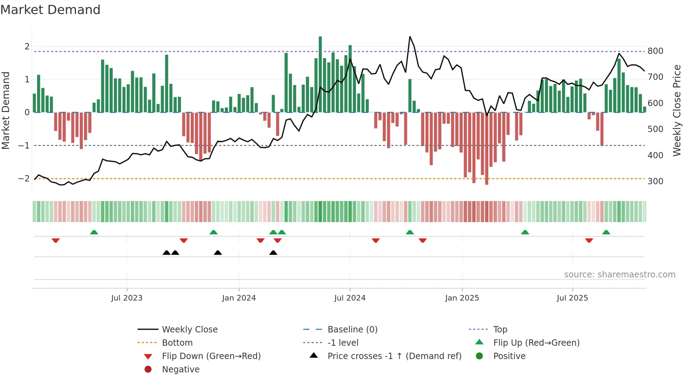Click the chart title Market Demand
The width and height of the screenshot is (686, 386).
(x=50, y=10)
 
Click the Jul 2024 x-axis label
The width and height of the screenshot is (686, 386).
(x=350, y=298)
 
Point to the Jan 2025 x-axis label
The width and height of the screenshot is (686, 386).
(x=462, y=298)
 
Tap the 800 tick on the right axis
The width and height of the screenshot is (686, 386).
(x=655, y=51)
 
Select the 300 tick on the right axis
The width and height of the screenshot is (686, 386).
(x=655, y=181)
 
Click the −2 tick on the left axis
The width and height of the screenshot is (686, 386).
(x=24, y=179)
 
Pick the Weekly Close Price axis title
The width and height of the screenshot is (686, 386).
(x=677, y=110)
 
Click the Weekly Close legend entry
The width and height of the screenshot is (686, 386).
(x=189, y=330)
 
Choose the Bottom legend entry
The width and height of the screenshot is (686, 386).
(x=177, y=343)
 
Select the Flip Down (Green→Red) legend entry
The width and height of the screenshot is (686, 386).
(x=211, y=356)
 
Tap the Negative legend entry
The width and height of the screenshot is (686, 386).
(x=181, y=370)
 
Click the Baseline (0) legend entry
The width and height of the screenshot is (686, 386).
(x=352, y=330)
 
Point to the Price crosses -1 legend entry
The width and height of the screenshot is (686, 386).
(x=394, y=356)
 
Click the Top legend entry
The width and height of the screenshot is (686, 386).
(x=500, y=330)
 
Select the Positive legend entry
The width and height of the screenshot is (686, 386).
(x=509, y=356)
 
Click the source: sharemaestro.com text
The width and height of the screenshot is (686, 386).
(x=619, y=275)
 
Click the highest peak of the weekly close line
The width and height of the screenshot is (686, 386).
(x=410, y=37)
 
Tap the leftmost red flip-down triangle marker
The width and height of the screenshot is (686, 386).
(x=56, y=240)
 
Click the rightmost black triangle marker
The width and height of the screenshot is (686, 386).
(x=273, y=253)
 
